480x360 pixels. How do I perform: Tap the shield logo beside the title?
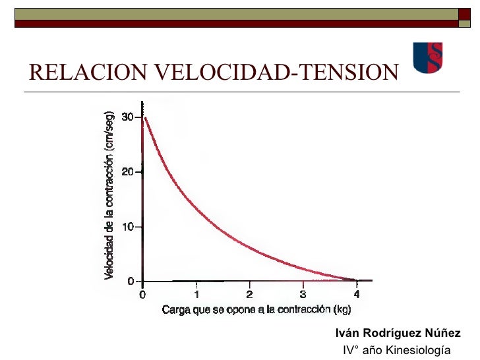[x=427, y=57]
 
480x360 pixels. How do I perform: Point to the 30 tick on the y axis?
[x=127, y=117]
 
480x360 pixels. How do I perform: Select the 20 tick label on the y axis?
[x=127, y=172]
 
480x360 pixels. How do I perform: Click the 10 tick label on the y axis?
[x=127, y=227]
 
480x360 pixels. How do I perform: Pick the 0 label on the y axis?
[x=131, y=282]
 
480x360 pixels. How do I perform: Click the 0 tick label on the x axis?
[x=142, y=294]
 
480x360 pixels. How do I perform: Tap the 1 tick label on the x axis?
[x=196, y=294]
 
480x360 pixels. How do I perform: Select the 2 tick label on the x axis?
[x=250, y=294]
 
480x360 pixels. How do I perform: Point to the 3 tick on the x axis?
[x=303, y=294]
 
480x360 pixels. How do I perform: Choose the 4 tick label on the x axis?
[x=357, y=294]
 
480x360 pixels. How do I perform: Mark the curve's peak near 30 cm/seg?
[x=145, y=118]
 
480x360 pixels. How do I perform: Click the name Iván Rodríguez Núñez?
[x=398, y=333]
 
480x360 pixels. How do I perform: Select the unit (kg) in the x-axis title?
[x=342, y=310]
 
